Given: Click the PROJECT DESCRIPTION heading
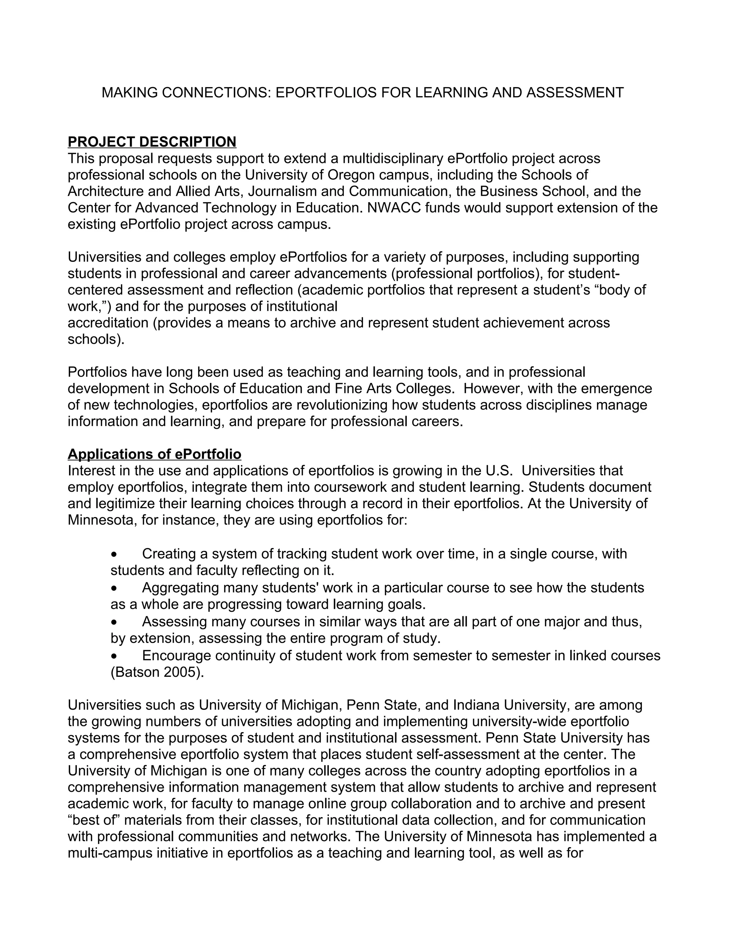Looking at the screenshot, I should tap(152, 142).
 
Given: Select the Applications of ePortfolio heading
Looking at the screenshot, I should tap(154, 454).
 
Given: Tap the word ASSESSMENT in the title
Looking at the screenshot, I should tap(575, 93).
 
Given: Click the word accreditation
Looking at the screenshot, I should tap(108, 322).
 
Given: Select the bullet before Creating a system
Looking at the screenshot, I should tap(114, 554).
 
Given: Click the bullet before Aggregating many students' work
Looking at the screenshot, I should tap(114, 589).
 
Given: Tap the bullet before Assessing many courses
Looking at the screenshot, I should tap(114, 622).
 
